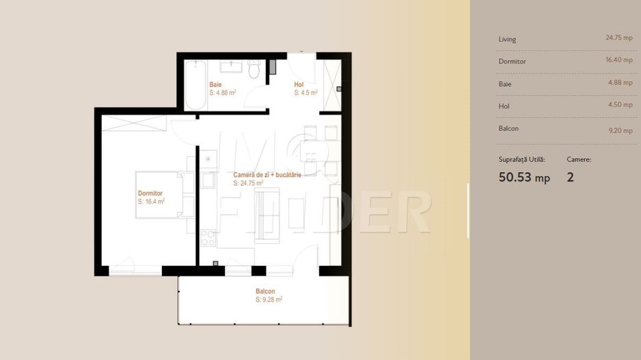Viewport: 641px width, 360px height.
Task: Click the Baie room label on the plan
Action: point(215,85)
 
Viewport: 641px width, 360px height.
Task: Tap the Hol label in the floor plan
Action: point(299,85)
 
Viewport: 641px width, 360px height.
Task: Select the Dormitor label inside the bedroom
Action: point(150,193)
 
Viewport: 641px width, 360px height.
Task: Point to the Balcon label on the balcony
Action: point(265,292)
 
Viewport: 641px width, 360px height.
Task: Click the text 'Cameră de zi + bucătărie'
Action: point(267,175)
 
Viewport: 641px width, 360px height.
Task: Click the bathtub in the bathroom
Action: point(195,85)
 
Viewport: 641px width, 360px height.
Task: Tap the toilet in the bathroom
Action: point(254,70)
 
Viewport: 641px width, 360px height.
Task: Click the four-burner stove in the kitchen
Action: point(208,238)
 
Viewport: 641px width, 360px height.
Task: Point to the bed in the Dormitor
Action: point(159,195)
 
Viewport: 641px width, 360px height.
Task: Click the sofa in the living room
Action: point(267,216)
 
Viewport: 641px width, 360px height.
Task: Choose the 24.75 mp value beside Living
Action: point(619,38)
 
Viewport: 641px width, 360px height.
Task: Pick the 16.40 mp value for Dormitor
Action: point(619,59)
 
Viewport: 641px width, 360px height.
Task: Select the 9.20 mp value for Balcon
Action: point(620,130)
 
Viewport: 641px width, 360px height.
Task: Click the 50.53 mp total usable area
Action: point(524,178)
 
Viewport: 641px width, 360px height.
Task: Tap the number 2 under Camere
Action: point(571,177)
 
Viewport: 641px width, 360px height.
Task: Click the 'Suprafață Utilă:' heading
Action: point(521,159)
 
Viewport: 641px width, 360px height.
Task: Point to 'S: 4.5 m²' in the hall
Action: point(305,93)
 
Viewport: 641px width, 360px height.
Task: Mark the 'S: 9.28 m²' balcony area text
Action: point(269,299)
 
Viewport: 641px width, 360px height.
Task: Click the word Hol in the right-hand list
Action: point(504,107)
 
